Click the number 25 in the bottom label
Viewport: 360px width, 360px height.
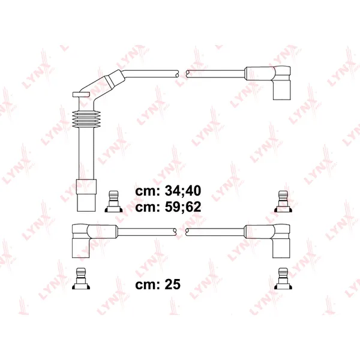pyautogui.click(x=173, y=284)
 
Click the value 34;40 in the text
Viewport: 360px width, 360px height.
pyautogui.click(x=183, y=191)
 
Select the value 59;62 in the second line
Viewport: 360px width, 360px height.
pyautogui.click(x=183, y=207)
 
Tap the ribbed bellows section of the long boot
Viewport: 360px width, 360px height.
pyautogui.click(x=86, y=119)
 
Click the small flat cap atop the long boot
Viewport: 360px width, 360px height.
pyautogui.click(x=81, y=94)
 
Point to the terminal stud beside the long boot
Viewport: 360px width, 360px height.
pyautogui.click(x=113, y=202)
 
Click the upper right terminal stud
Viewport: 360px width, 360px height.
pyautogui.click(x=284, y=202)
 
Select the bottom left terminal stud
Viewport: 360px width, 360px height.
pyautogui.click(x=81, y=278)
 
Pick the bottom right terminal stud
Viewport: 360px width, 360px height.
pyautogui.click(x=284, y=278)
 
